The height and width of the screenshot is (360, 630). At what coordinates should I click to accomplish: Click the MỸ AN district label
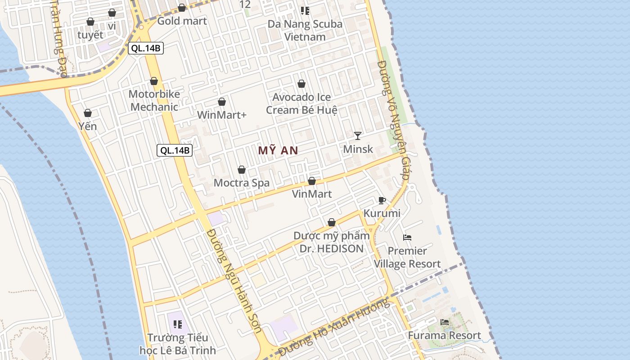[278, 151]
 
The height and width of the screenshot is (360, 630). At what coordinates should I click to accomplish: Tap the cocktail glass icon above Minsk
[358, 135]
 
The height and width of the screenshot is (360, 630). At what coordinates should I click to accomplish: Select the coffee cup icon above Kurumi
[382, 200]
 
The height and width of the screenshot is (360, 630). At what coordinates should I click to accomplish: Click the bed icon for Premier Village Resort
[407, 238]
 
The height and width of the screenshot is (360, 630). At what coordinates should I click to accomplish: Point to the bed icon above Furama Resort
[445, 322]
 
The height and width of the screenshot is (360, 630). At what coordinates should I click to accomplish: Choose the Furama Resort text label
[444, 336]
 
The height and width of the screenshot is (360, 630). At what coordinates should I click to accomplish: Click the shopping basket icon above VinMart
[312, 181]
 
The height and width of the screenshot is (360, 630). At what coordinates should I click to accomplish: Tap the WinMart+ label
[222, 115]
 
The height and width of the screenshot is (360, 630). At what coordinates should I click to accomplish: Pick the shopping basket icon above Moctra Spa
[242, 170]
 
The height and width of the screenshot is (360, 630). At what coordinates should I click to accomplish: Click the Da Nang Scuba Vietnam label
[305, 30]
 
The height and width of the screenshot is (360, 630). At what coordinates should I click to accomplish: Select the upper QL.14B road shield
[146, 49]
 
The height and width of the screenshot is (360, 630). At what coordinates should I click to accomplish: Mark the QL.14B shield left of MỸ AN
[175, 150]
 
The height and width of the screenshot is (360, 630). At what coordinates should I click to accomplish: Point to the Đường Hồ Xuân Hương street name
[333, 327]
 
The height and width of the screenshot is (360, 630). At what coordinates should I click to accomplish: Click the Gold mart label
[182, 21]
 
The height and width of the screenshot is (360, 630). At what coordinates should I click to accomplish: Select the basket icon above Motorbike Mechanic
[154, 81]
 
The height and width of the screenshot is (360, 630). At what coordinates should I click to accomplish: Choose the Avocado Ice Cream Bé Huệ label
[301, 103]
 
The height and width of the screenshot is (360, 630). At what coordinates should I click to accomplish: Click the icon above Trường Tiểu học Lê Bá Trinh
[178, 324]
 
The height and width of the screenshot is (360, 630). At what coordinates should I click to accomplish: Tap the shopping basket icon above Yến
[88, 113]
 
